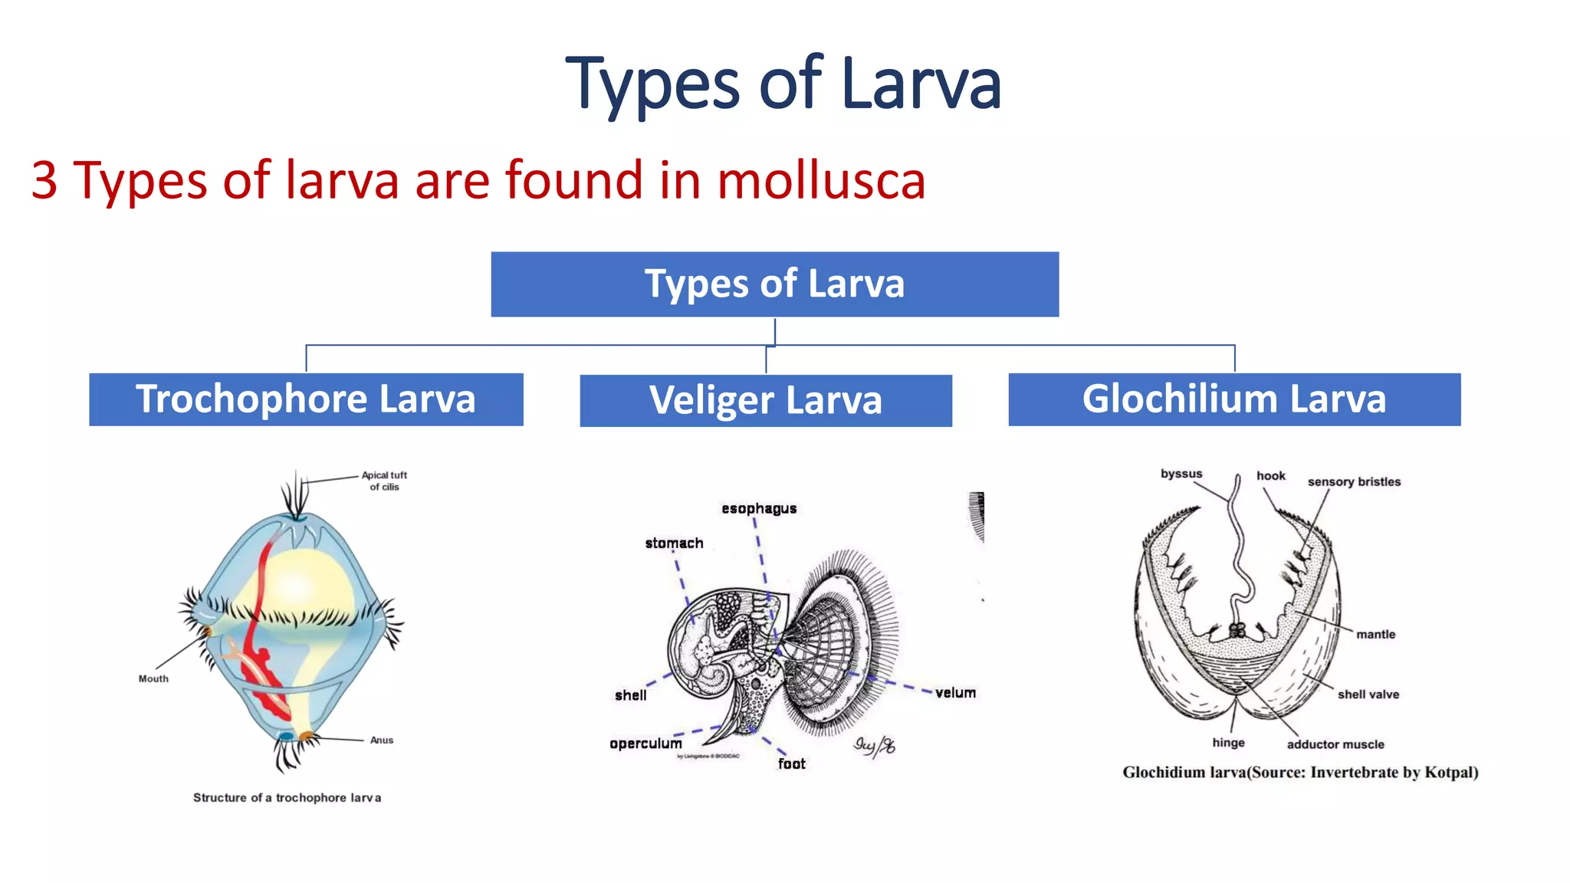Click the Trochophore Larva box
[x=306, y=399]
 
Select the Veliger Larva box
[x=766, y=401]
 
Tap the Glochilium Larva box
[x=1234, y=399]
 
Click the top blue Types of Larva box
[x=774, y=284]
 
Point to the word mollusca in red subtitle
[x=821, y=181]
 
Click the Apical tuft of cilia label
[x=384, y=481]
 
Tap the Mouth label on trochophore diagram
[x=153, y=678]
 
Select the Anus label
[x=382, y=740]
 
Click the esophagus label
[x=759, y=508]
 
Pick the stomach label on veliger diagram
[x=674, y=543]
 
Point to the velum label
[x=955, y=692]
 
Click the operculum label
[x=645, y=743]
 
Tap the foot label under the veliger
[x=791, y=763]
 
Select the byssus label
[x=1181, y=474]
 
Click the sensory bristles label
[x=1354, y=481]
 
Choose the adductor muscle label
[x=1335, y=744]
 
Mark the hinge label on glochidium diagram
[x=1228, y=742]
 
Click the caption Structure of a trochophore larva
[x=287, y=797]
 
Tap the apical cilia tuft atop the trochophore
[x=295, y=495]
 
